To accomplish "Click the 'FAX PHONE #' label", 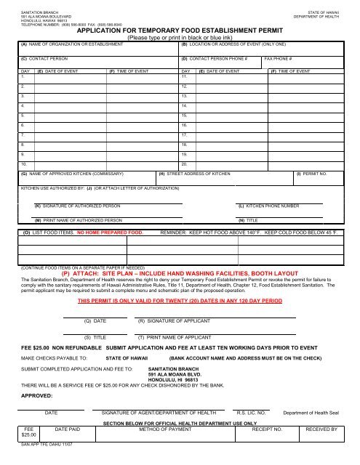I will click(278, 57).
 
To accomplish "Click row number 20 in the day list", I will click(185, 163).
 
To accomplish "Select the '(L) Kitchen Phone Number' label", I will click(268, 206).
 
